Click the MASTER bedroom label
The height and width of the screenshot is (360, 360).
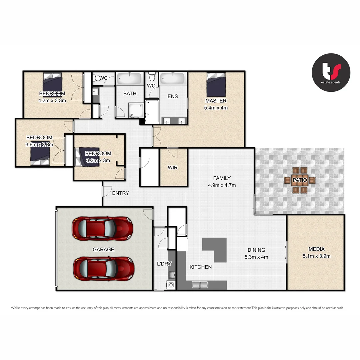(x=216, y=101)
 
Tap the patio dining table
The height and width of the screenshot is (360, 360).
(x=300, y=180)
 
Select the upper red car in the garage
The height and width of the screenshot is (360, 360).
(x=102, y=228)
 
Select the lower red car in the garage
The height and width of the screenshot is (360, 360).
(x=104, y=269)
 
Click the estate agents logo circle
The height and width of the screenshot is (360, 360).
(x=331, y=72)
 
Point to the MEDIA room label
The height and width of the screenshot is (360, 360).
(x=316, y=249)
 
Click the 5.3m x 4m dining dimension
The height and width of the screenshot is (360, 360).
(x=256, y=257)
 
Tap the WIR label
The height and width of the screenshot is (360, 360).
(x=173, y=168)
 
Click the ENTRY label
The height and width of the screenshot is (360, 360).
(x=120, y=193)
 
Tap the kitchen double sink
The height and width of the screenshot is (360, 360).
(x=200, y=285)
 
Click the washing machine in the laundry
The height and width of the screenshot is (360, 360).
(x=171, y=285)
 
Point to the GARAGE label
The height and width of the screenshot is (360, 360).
(x=103, y=249)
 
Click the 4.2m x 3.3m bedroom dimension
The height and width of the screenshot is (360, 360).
(x=52, y=100)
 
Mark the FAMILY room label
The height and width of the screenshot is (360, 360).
(x=222, y=178)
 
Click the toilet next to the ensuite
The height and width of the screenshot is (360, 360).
(x=152, y=77)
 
